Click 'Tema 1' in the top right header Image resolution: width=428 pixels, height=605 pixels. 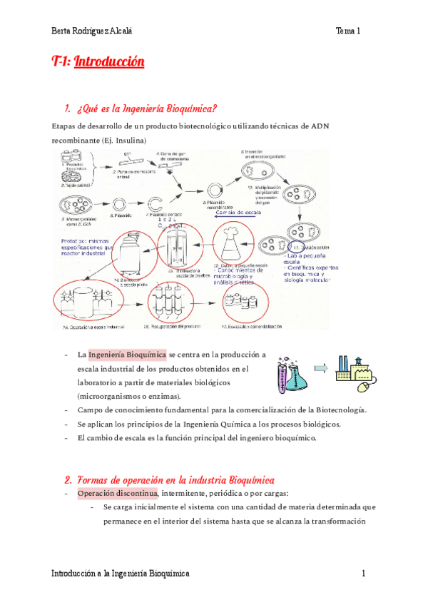pyautogui.click(x=349, y=31)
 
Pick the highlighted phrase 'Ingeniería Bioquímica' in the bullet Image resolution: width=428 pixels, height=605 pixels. pyautogui.click(x=128, y=355)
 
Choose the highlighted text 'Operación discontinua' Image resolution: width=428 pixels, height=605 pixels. pyautogui.click(x=118, y=493)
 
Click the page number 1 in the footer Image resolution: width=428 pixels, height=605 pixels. pyautogui.click(x=364, y=574)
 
